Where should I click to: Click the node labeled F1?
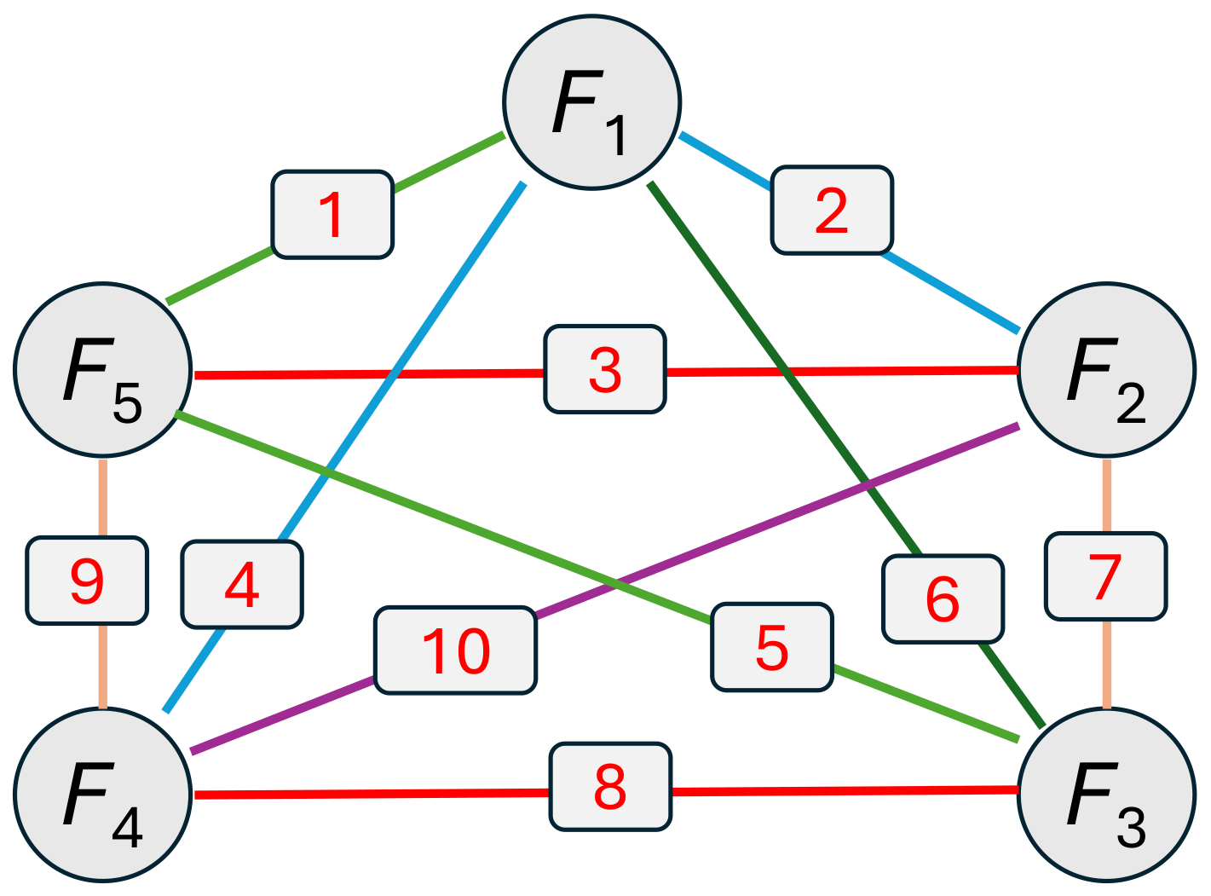point(591,102)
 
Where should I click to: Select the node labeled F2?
point(1106,370)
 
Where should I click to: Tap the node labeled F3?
point(1106,795)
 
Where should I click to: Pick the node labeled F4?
point(102,795)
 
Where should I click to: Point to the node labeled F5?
point(102,370)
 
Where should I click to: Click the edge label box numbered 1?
point(332,215)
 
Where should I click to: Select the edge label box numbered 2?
point(832,211)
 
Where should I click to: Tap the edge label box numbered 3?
point(605,369)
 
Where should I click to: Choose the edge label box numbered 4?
point(242,585)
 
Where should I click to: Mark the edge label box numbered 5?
point(772,647)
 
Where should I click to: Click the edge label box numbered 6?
point(943,599)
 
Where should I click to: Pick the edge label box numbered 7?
point(1105,576)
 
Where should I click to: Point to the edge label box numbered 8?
point(610,786)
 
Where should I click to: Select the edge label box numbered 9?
point(87,581)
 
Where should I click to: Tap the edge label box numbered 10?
point(456,650)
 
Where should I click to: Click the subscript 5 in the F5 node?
point(128,404)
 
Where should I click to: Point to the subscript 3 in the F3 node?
point(1131,829)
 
